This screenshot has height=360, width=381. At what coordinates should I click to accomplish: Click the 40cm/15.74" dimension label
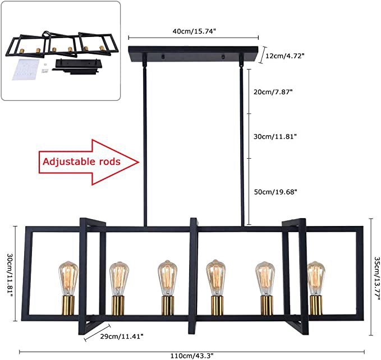point(194,32)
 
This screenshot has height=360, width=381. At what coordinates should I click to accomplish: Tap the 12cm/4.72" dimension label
point(285,56)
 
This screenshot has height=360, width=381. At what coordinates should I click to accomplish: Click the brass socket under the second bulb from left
point(118,306)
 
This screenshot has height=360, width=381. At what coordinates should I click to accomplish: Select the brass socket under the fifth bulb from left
point(265,306)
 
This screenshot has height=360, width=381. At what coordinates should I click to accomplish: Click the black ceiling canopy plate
point(194,55)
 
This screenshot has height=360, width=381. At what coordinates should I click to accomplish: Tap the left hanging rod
point(145,140)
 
